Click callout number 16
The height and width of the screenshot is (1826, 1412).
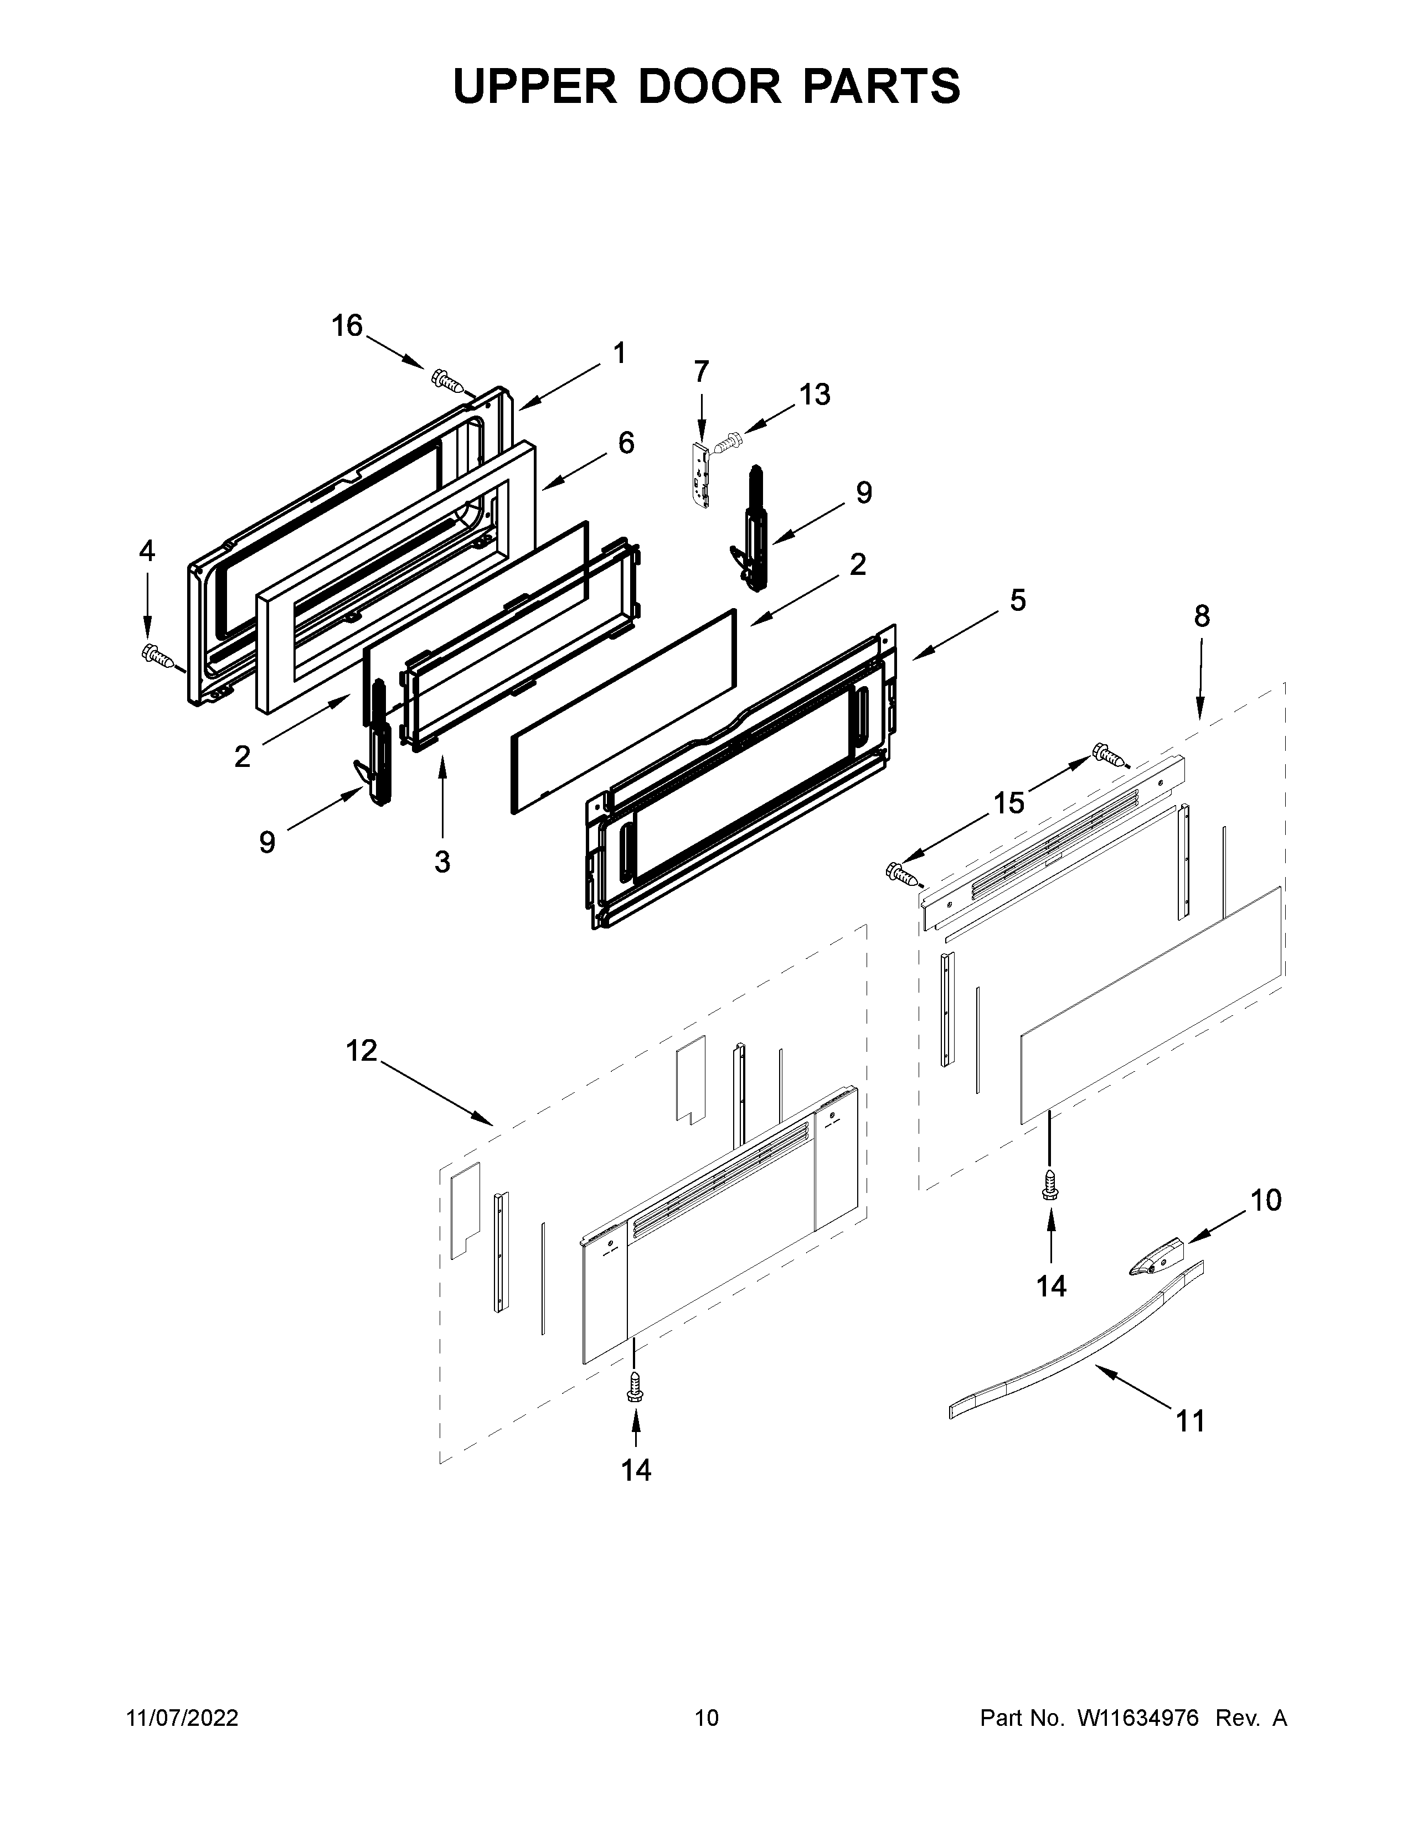[347, 325]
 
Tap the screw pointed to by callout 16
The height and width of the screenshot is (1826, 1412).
[449, 381]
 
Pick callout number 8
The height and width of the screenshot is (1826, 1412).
[1201, 616]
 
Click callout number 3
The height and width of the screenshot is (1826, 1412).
[442, 860]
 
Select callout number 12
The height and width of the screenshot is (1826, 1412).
[362, 1051]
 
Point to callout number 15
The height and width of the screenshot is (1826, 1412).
[1009, 803]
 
